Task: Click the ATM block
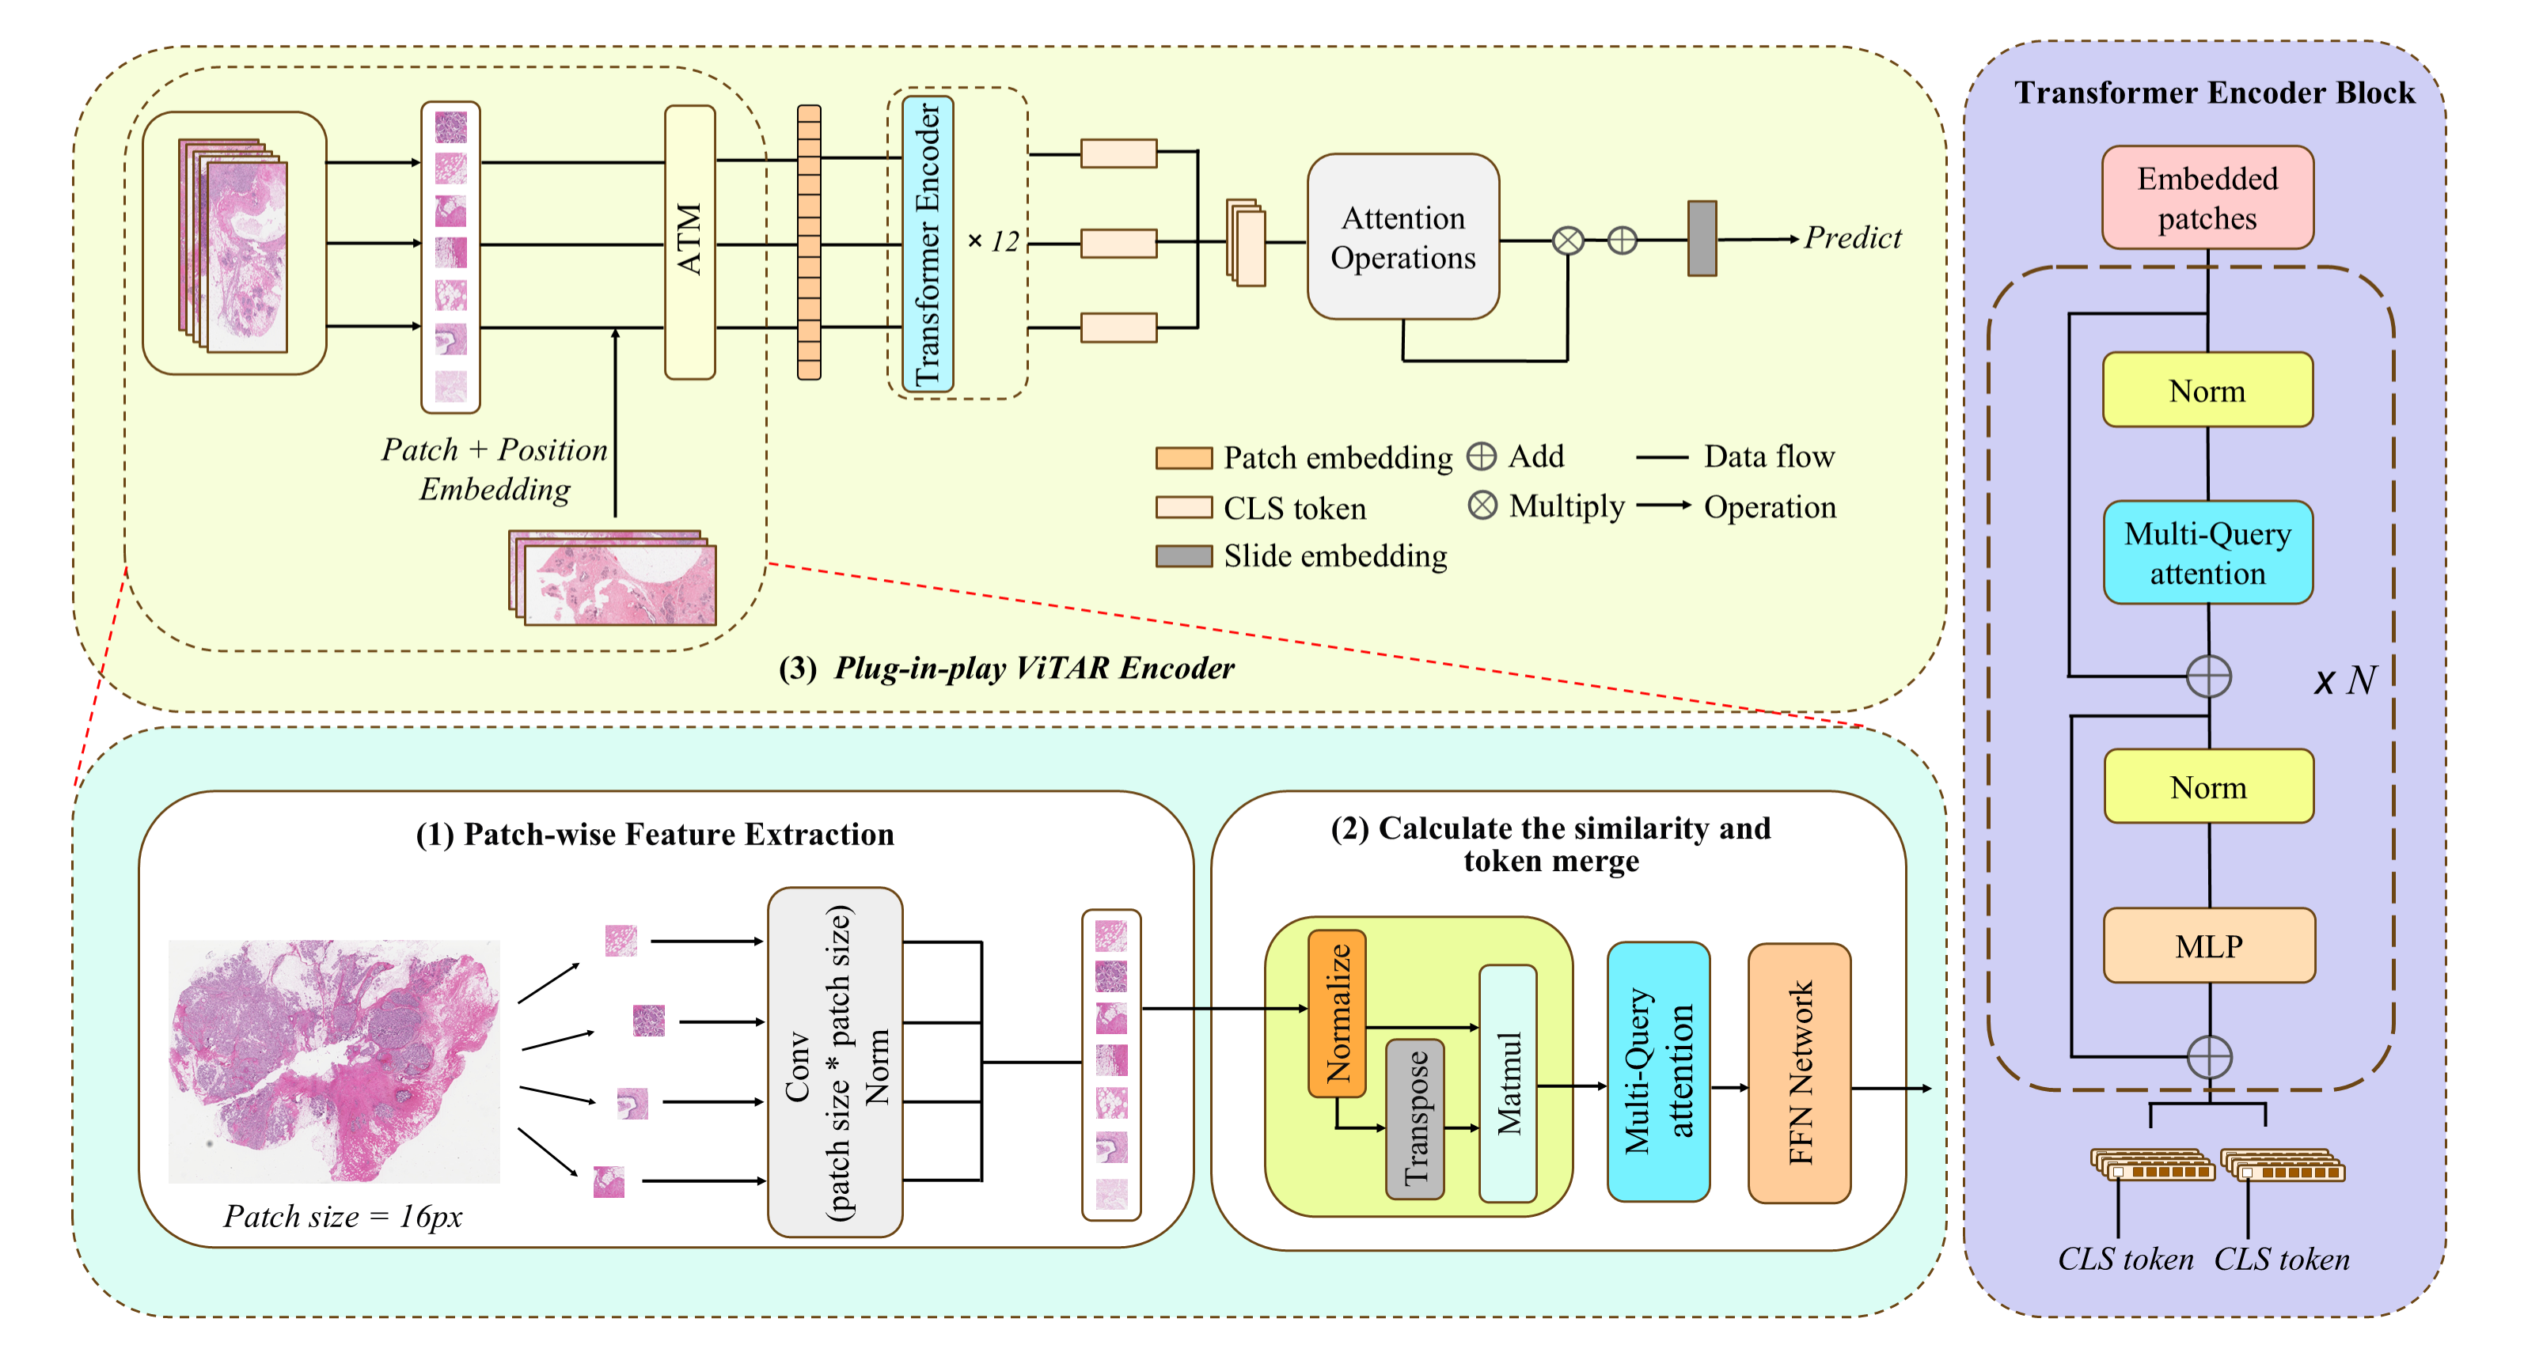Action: [x=690, y=241]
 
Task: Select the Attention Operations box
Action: [x=1402, y=237]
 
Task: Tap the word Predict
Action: [x=1852, y=238]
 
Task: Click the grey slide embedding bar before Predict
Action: [x=1701, y=239]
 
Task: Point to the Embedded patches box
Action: [x=2207, y=198]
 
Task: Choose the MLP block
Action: [x=2208, y=945]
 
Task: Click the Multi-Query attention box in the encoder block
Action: [x=2207, y=552]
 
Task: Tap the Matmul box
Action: [x=1508, y=1083]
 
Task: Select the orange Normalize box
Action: [x=1338, y=1013]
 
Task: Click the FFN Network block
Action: [x=1799, y=1073]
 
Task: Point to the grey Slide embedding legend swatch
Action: [x=1183, y=556]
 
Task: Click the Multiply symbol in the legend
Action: [x=1482, y=506]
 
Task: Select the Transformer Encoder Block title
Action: [x=2214, y=93]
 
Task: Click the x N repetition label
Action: [x=2344, y=680]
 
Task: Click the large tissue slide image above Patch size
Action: [x=334, y=1061]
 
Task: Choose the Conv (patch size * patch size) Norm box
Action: [x=835, y=1062]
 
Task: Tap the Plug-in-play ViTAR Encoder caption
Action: [x=1006, y=668]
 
